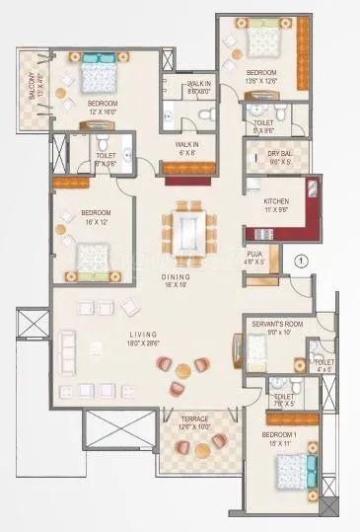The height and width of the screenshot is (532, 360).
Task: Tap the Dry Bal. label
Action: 267,154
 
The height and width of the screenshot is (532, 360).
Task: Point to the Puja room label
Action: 254,254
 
